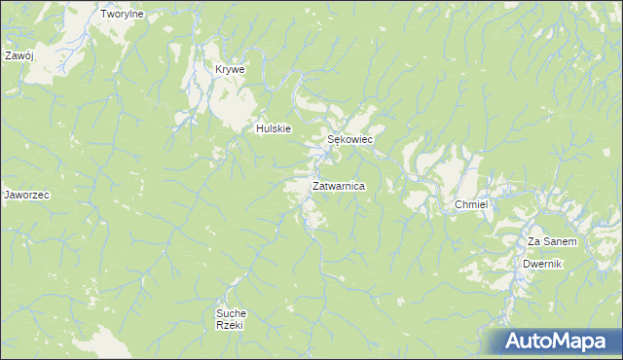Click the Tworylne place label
(122, 15)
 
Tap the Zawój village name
(18, 55)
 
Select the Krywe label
(230, 70)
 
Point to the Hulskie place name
(274, 128)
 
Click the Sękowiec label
(349, 140)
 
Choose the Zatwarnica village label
(339, 185)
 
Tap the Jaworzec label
(26, 195)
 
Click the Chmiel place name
(470, 205)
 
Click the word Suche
(231, 313)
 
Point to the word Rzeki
(230, 326)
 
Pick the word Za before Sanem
(534, 241)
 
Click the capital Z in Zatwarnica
(316, 185)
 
